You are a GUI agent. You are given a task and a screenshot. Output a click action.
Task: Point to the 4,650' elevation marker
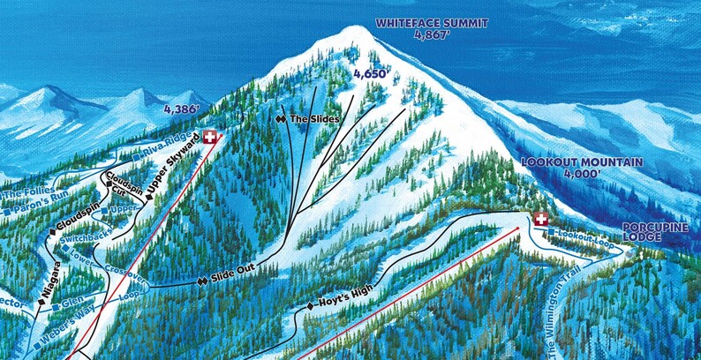370,74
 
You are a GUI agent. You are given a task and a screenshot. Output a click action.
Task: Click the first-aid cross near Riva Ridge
210,137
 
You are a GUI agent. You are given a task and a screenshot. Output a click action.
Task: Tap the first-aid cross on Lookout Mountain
540,220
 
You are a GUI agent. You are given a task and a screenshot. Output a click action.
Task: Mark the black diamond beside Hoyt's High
310,305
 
